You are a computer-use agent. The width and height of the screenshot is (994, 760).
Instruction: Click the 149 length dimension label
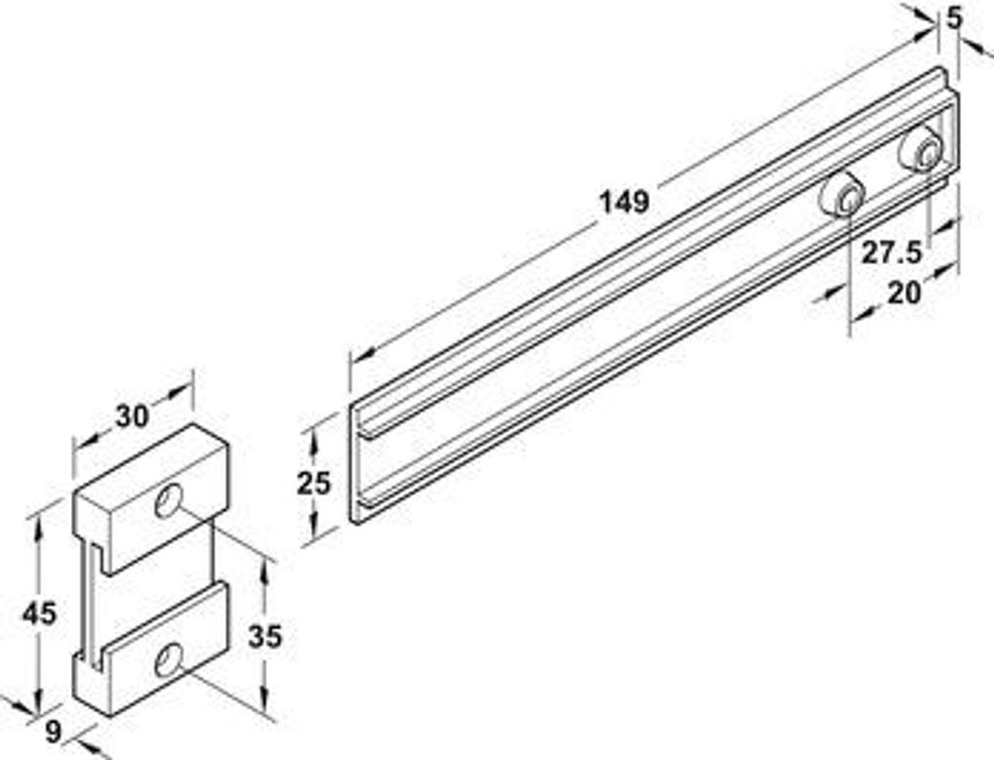tap(624, 202)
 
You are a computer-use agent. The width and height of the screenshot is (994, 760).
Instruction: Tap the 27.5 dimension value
tap(891, 253)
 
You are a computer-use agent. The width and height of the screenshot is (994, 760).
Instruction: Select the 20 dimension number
tap(904, 293)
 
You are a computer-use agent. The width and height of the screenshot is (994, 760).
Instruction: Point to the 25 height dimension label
tap(315, 483)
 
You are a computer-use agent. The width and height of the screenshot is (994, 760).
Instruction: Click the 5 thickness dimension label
tap(954, 18)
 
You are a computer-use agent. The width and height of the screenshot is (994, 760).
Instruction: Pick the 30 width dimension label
tap(132, 415)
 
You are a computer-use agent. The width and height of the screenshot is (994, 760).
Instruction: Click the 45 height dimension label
tap(39, 613)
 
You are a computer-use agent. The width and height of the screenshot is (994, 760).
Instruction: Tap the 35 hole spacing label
tap(264, 637)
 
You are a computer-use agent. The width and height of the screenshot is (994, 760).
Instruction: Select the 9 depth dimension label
tap(54, 733)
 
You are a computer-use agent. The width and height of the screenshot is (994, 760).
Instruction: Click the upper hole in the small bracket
tap(169, 501)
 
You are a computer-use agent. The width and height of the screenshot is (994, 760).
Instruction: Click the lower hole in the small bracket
tap(169, 660)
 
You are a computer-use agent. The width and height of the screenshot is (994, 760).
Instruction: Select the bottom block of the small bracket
tap(150, 649)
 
